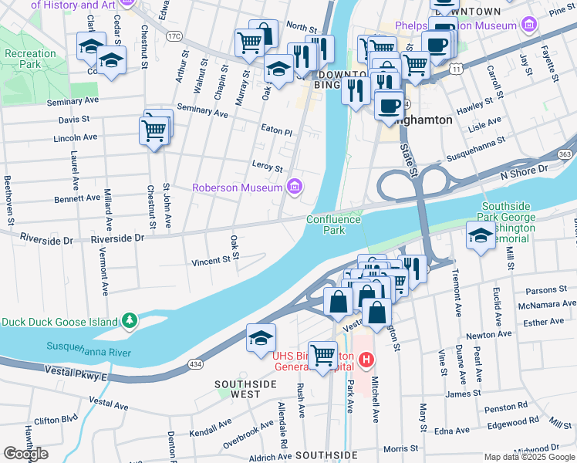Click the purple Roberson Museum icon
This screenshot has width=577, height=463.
[x=293, y=186]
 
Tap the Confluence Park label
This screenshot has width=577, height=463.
[x=333, y=225]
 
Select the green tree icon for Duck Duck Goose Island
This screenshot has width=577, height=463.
[x=131, y=320]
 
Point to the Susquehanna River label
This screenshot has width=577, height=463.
[x=89, y=350]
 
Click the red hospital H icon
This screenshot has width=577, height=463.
[x=366, y=360]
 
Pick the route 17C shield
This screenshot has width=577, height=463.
[x=174, y=35]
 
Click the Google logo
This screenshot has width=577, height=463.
[x=25, y=454]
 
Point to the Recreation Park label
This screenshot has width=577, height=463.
[x=29, y=59]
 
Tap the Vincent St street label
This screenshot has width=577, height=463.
[x=211, y=261]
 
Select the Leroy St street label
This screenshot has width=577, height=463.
[x=268, y=167]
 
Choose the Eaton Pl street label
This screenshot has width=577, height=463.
[x=277, y=131]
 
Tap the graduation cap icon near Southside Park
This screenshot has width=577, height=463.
[x=481, y=235]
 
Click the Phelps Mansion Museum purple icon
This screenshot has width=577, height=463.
[x=529, y=26]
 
